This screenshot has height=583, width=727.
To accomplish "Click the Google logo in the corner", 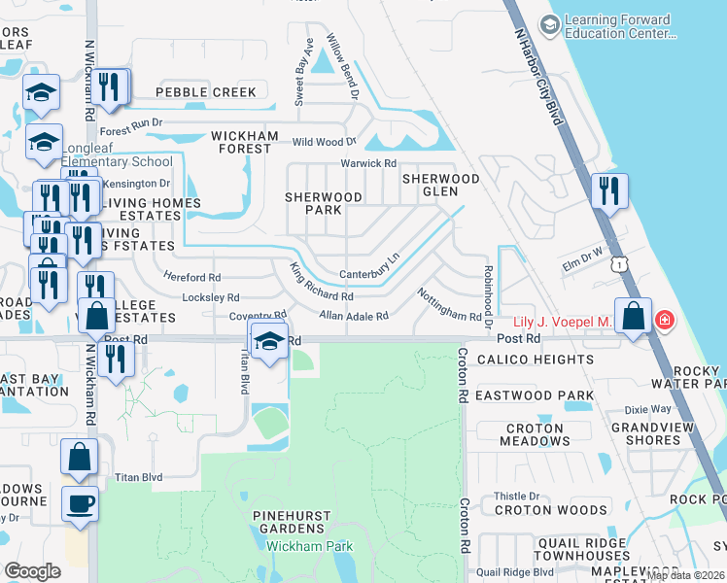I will pyautogui.click(x=33, y=571).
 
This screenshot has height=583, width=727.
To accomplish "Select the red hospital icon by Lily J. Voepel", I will pyautogui.click(x=665, y=319).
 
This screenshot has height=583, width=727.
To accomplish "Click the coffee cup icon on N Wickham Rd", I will pyautogui.click(x=80, y=504).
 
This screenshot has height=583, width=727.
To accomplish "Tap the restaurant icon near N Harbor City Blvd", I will pyautogui.click(x=609, y=189).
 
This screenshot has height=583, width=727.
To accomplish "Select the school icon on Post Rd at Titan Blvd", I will pyautogui.click(x=267, y=340).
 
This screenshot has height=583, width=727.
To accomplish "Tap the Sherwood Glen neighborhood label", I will pyautogui.click(x=441, y=185).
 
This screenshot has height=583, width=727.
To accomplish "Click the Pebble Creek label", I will pyautogui.click(x=206, y=92).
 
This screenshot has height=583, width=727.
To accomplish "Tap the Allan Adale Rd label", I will pyautogui.click(x=354, y=316).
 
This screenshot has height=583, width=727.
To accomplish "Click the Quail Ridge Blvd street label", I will pyautogui.click(x=515, y=572).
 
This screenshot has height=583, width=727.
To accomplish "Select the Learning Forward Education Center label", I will pyautogui.click(x=618, y=26).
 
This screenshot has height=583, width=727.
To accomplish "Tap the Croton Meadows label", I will pyautogui.click(x=535, y=434).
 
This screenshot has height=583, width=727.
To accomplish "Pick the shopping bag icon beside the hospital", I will pyautogui.click(x=634, y=317).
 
